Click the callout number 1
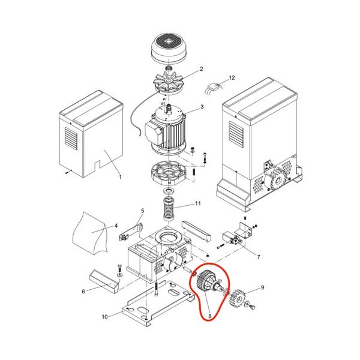coord(121,177)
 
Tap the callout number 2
coord(202,69)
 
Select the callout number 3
coord(202,107)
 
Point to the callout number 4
coord(116,226)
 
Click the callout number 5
coord(142,211)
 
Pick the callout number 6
coord(83,292)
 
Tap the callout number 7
coord(259,257)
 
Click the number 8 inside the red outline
coord(209,316)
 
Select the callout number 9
coord(263,287)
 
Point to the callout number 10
coord(104,317)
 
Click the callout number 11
coord(197,203)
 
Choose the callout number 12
coord(232,77)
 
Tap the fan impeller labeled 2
coord(169,83)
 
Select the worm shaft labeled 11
coord(169,208)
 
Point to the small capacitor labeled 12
coord(212,88)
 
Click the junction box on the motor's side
coord(153,132)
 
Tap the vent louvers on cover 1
coord(71,138)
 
